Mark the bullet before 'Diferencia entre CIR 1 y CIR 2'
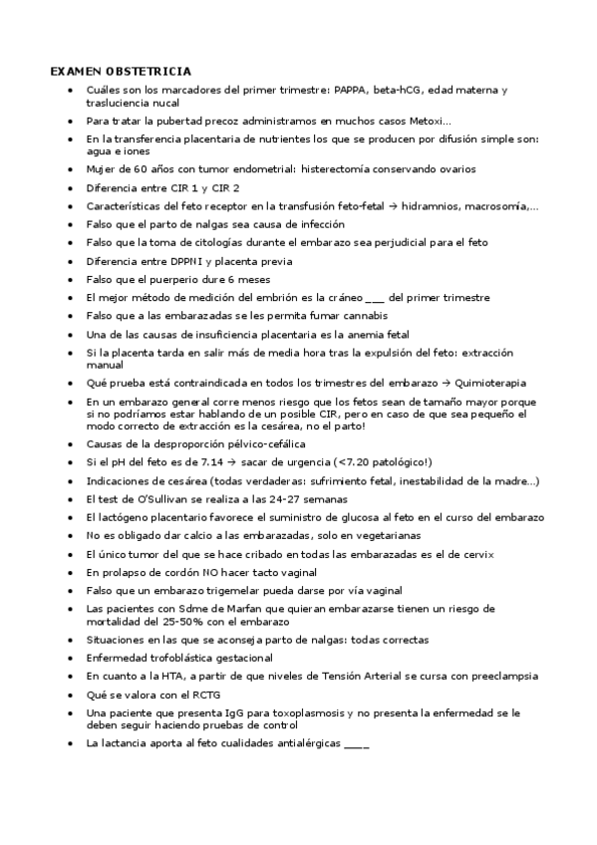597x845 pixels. click(x=68, y=188)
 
